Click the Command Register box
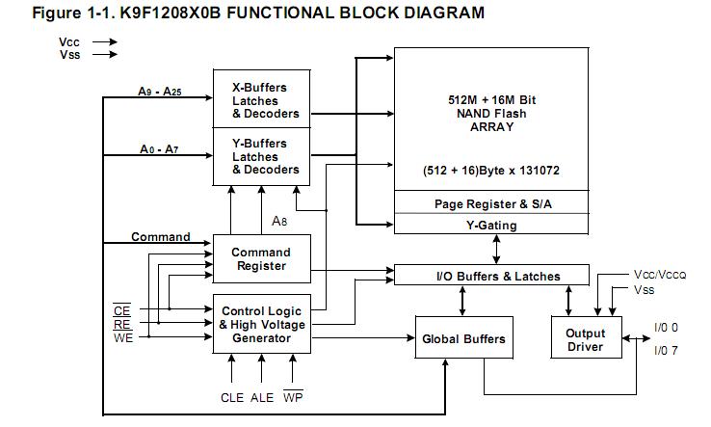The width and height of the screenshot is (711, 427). pyautogui.click(x=260, y=259)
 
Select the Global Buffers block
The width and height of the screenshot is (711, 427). pyautogui.click(x=463, y=339)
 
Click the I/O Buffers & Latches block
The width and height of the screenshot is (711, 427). pyautogui.click(x=491, y=277)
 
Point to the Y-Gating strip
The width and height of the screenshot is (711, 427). pyautogui.click(x=491, y=226)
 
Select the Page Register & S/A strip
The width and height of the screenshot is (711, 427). pyautogui.click(x=491, y=203)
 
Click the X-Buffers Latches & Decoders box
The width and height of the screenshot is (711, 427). pyautogui.click(x=265, y=100)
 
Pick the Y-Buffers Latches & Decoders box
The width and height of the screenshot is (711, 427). pyautogui.click(x=265, y=156)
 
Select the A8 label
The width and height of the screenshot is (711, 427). pyautogui.click(x=279, y=222)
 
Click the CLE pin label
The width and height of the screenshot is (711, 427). pyautogui.click(x=233, y=397)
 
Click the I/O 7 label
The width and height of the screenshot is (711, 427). pyautogui.click(x=667, y=350)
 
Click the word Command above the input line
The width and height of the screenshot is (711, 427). pyautogui.click(x=160, y=237)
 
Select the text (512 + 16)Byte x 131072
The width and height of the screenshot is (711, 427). pyautogui.click(x=491, y=170)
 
